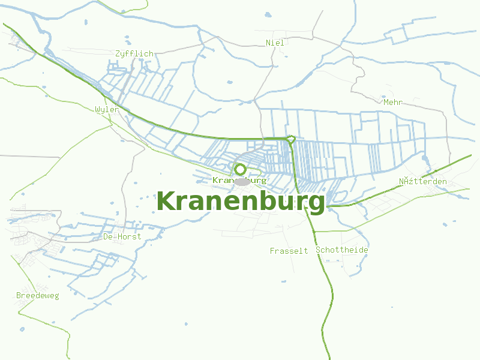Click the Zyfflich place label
[134, 53]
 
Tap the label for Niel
[275, 43]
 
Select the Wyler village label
[107, 110]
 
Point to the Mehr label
[393, 102]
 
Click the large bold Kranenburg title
[241, 202]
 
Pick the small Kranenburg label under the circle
[239, 180]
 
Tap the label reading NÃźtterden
[423, 181]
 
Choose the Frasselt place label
[289, 251]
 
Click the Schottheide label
[342, 250]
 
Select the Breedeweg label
[38, 296]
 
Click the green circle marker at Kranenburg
[241, 169]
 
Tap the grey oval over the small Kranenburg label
[241, 181]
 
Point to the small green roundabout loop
[291, 139]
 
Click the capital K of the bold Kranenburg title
[164, 202]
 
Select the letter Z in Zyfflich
[118, 53]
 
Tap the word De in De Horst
[108, 236]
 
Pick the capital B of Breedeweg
[19, 296]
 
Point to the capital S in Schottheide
[318, 250]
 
